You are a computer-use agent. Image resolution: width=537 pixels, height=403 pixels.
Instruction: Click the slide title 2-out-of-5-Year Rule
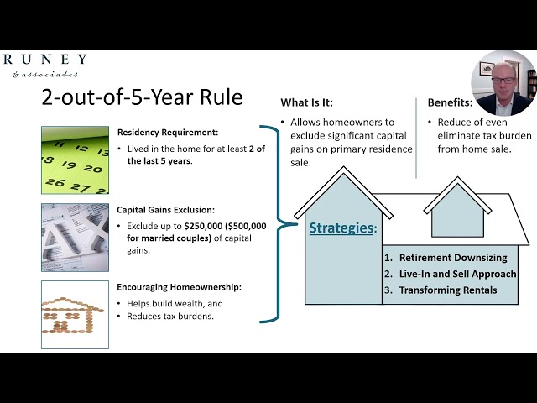142,97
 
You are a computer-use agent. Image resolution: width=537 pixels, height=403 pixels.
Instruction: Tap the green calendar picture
75,160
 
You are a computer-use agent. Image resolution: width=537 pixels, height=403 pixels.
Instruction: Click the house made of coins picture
75,313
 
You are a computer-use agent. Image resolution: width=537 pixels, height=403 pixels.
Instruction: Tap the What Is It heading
306,102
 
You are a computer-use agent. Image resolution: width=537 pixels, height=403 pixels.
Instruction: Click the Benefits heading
450,102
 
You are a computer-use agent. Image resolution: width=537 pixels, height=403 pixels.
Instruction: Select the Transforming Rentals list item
448,290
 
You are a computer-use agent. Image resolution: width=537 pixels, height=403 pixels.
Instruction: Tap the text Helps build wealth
169,303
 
